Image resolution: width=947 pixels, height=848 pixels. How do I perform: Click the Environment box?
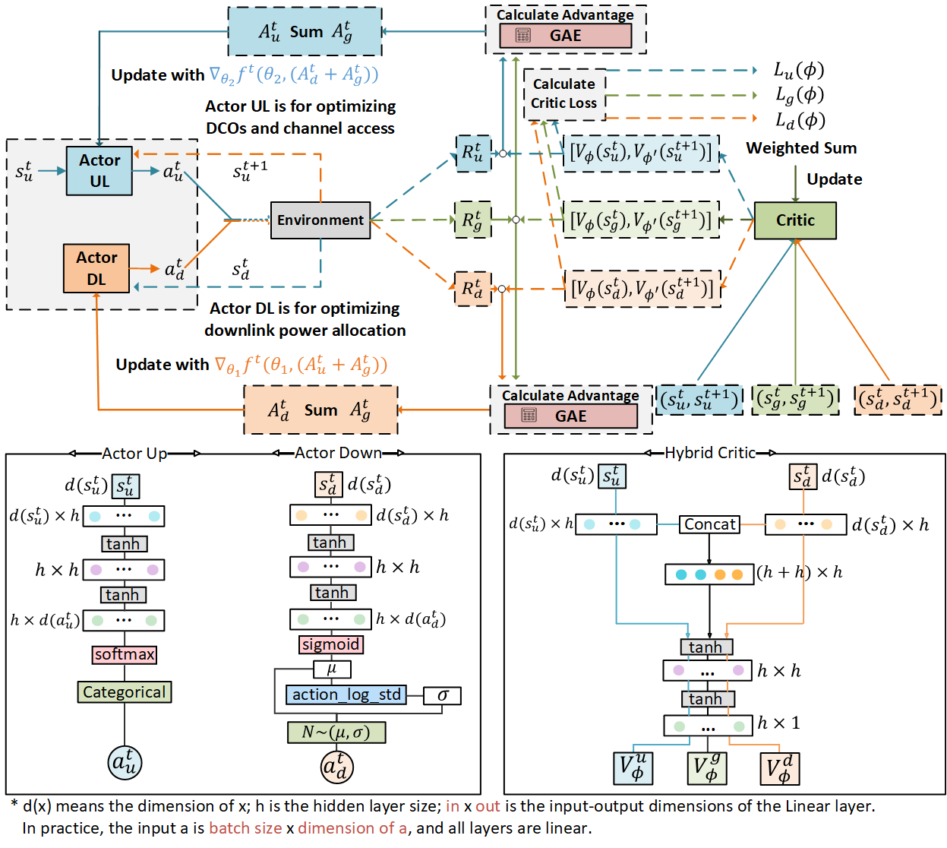pos(320,220)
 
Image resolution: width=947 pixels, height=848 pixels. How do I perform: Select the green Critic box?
pos(795,220)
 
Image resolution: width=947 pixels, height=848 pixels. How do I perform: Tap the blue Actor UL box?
pos(99,171)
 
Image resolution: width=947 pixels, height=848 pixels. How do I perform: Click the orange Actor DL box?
pos(96,268)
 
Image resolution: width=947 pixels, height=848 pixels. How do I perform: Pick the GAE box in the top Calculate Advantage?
pos(565,36)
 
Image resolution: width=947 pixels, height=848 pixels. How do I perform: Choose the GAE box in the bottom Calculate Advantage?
pos(570,416)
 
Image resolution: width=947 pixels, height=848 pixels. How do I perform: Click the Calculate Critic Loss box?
pos(564,93)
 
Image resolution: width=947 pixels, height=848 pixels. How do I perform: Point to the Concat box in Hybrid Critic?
pos(709,524)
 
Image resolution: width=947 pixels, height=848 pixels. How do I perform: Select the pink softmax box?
pos(125,654)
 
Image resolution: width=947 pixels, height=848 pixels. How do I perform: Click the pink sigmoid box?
pos(330,644)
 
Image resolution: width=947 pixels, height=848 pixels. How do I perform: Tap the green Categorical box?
pos(125,692)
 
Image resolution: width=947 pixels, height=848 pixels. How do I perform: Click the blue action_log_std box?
pos(346,695)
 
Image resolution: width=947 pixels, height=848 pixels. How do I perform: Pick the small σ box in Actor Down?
pos(443,695)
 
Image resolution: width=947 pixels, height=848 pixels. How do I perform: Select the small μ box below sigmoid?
pos(332,669)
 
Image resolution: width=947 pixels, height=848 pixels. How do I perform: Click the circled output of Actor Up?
pos(125,762)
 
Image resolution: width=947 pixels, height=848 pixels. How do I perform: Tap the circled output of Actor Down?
pos(336,766)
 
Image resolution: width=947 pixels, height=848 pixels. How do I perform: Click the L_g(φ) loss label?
pos(799,95)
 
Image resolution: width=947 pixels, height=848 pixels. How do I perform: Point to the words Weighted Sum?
pos(801,148)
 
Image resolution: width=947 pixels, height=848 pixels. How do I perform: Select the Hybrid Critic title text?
pos(710,453)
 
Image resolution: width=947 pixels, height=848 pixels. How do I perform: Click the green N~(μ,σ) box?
pos(336,733)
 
